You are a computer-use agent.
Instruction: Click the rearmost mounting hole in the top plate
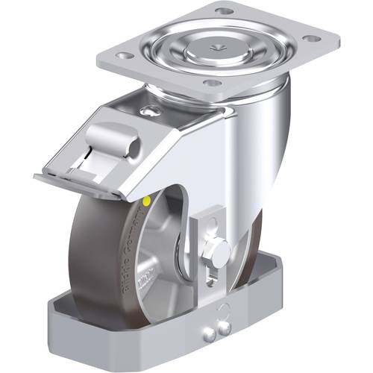[x=222, y=11]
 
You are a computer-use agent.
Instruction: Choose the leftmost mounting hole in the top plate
[x=124, y=56]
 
